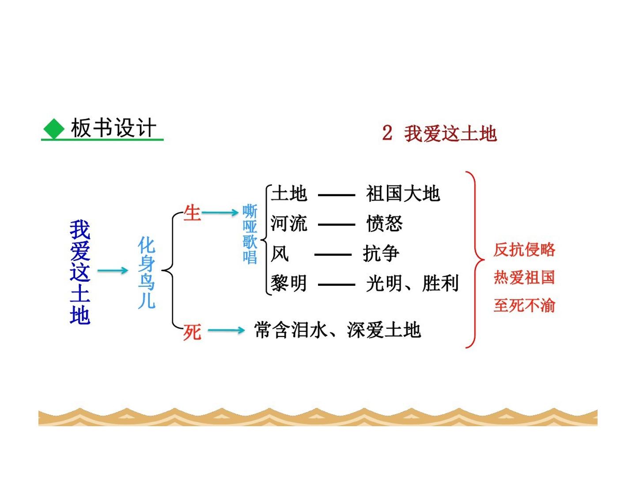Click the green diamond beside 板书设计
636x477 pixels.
(x=54, y=129)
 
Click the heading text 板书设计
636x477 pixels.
(x=114, y=128)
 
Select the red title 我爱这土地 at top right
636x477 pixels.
(x=450, y=134)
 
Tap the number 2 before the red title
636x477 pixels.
(x=387, y=133)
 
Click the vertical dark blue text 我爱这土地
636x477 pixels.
(x=80, y=272)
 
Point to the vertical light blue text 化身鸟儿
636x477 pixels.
(x=146, y=273)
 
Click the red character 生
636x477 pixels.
(x=192, y=213)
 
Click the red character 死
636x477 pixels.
(x=192, y=332)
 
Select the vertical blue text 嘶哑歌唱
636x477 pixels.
(x=250, y=234)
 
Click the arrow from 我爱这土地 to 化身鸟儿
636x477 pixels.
(x=113, y=270)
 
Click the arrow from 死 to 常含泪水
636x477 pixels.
(x=227, y=330)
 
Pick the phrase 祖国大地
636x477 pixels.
(x=403, y=193)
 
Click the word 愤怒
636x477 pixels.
(x=385, y=223)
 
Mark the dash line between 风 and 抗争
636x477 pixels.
(x=333, y=255)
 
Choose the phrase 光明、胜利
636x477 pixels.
(x=413, y=283)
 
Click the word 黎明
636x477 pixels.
(x=288, y=283)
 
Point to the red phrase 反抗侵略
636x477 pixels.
(x=524, y=250)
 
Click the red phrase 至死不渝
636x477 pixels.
(x=524, y=306)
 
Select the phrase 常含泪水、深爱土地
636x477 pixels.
(x=337, y=330)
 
